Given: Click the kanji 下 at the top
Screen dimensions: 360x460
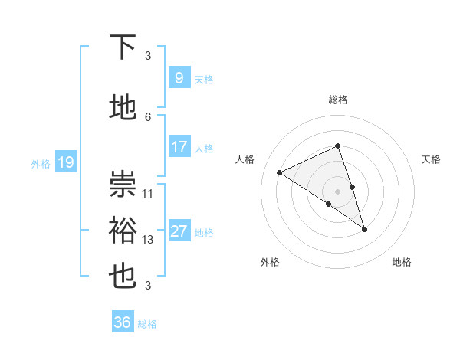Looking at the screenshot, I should point(123,49).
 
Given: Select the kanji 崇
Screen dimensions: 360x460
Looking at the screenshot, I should point(123,184).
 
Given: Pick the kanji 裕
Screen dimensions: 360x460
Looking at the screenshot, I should point(123,231).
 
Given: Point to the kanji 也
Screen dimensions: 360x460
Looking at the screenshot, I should point(123,277).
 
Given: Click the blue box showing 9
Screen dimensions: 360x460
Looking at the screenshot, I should point(179,78).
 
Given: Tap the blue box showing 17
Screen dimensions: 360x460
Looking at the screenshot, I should point(179,147).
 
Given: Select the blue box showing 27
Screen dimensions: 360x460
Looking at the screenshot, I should point(179,231).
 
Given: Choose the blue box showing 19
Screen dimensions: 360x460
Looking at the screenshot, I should point(65,162).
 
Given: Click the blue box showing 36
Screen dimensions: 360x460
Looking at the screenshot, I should point(122,322).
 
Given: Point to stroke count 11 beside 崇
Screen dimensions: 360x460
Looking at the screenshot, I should point(148,194).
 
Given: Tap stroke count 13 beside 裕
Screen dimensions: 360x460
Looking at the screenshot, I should point(148,240).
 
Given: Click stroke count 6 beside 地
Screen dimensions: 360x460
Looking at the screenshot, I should point(148,116).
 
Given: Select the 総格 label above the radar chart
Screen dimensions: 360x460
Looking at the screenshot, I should point(337,100).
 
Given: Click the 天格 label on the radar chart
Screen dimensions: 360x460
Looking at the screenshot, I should point(431,159).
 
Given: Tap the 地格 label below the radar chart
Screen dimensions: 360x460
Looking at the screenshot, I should point(402,262).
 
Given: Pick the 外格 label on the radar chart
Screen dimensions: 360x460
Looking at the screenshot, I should point(270,262).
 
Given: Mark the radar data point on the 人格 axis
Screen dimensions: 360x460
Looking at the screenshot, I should point(280,172).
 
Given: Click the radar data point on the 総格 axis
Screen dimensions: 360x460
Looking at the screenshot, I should point(337,146).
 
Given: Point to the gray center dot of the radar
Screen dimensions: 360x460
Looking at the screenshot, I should point(337,191).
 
